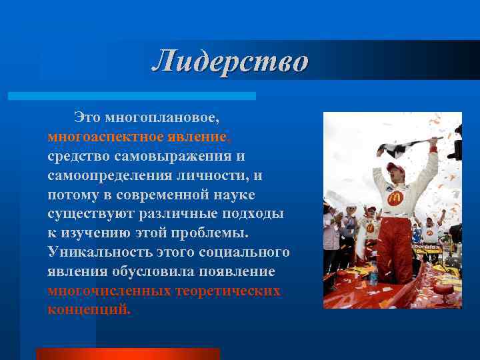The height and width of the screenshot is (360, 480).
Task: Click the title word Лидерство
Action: [x=230, y=61]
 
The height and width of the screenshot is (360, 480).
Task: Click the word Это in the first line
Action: [x=87, y=117]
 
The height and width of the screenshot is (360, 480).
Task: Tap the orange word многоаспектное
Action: [x=106, y=137]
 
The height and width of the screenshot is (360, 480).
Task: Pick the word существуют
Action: [x=91, y=214]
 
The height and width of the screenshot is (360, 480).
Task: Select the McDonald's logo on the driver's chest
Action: [x=395, y=198]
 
